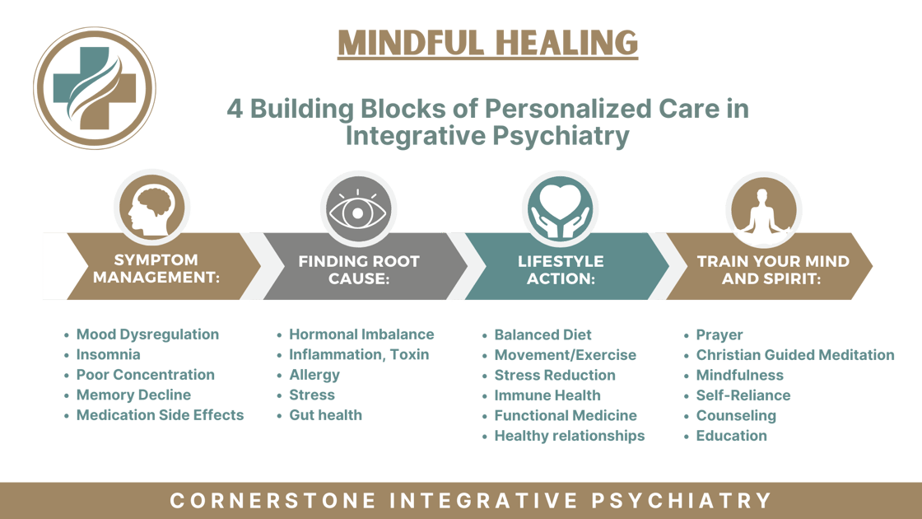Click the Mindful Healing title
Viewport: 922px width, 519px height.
[487, 43]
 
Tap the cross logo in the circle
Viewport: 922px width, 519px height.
[94, 88]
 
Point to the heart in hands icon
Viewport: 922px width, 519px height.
[560, 208]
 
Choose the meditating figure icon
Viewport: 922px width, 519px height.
[762, 208]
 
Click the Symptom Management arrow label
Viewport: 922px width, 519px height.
[156, 269]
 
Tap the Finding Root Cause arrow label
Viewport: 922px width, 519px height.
[358, 269]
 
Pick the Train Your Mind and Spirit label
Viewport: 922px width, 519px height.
[773, 269]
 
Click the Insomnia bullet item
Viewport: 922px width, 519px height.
[108, 355]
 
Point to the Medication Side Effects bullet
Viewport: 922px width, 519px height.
[160, 415]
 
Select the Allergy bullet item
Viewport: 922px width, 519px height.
[314, 375]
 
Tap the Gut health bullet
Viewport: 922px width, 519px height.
[325, 415]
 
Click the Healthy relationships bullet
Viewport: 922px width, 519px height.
[569, 436]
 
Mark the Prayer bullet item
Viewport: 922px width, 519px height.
[719, 335]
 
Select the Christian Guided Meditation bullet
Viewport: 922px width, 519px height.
[795, 355]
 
